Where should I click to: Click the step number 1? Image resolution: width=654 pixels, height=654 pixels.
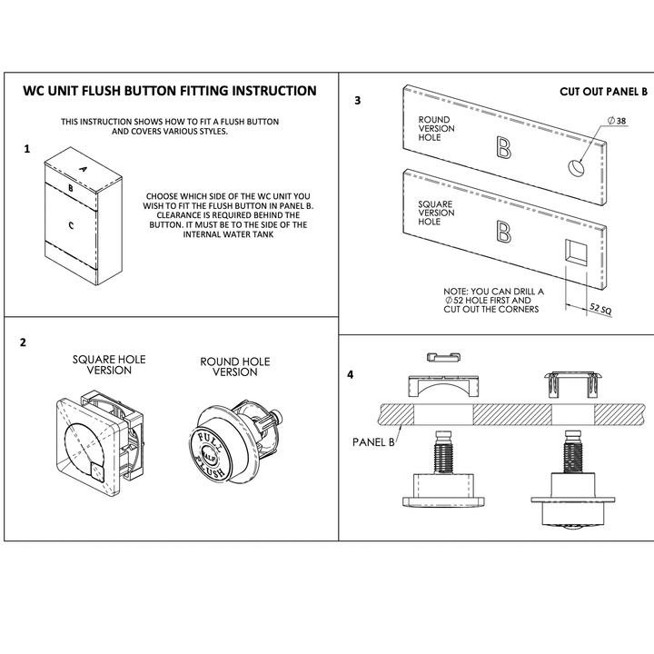click(x=27, y=147)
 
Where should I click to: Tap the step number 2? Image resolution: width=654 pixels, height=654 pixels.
click(x=23, y=342)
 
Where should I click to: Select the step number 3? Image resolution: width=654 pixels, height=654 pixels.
click(x=357, y=101)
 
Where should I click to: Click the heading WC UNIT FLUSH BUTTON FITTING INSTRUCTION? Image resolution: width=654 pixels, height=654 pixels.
click(x=170, y=91)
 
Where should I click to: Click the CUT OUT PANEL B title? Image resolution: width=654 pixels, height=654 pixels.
click(x=603, y=92)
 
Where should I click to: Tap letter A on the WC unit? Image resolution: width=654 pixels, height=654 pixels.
click(x=83, y=169)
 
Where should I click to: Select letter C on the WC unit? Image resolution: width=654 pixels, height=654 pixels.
click(x=71, y=221)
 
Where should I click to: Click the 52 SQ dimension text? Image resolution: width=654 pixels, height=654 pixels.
click(x=600, y=310)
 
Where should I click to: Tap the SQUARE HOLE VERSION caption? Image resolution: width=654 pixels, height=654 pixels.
click(x=109, y=365)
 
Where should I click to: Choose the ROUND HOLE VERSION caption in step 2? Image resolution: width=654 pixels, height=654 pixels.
click(x=234, y=367)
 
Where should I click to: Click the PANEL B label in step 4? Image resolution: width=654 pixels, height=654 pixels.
click(x=372, y=442)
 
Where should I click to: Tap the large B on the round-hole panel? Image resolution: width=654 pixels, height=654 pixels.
click(x=502, y=147)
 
